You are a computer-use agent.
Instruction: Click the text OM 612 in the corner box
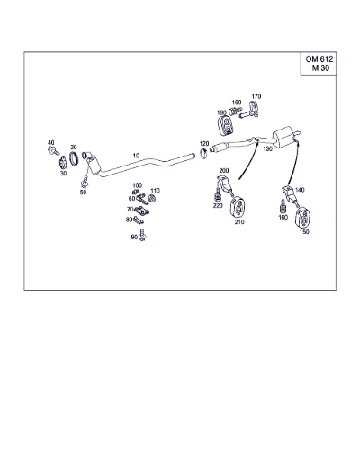pyautogui.click(x=319, y=59)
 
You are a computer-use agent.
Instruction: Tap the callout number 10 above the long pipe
pyautogui.click(x=136, y=156)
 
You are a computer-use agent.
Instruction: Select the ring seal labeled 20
pyautogui.click(x=74, y=158)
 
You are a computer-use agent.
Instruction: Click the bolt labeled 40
pyautogui.click(x=53, y=151)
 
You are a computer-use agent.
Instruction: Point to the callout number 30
pyautogui.click(x=63, y=174)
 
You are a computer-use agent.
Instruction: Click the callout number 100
pyautogui.click(x=137, y=185)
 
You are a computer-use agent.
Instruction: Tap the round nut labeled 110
pyautogui.click(x=152, y=198)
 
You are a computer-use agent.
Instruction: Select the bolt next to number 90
pyautogui.click(x=143, y=235)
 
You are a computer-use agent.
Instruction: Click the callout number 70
pyautogui.click(x=130, y=210)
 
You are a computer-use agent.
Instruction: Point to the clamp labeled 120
pyautogui.click(x=204, y=154)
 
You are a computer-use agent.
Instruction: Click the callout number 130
pyautogui.click(x=267, y=148)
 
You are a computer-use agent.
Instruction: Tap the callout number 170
pyautogui.click(x=256, y=96)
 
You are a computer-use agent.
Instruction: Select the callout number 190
pyautogui.click(x=237, y=103)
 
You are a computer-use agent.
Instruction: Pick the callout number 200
pyautogui.click(x=224, y=170)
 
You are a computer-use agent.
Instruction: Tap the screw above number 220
pyautogui.click(x=218, y=194)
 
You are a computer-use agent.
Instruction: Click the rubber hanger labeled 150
pyautogui.click(x=303, y=218)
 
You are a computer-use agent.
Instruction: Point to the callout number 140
pyautogui.click(x=300, y=190)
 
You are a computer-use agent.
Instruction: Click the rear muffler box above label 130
pyautogui.click(x=283, y=136)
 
